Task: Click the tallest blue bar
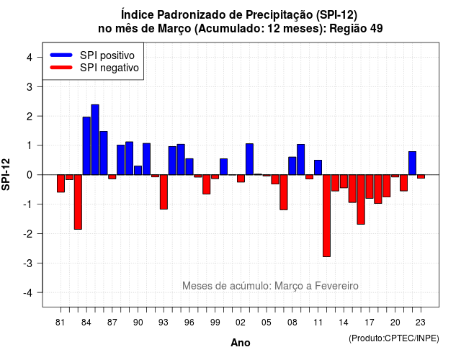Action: [x=95, y=140]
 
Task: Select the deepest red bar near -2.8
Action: [x=326, y=216]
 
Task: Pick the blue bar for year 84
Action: [x=86, y=145]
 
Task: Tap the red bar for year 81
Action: [x=61, y=184]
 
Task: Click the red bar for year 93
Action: [x=164, y=192]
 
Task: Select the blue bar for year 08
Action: [x=292, y=166]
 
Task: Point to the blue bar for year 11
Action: [x=318, y=168]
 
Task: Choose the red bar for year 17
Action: [x=370, y=186]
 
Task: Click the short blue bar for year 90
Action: [x=138, y=171]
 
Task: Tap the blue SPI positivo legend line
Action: [x=61, y=55]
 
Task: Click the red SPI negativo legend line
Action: [x=61, y=67]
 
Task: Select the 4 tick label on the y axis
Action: [x=30, y=58]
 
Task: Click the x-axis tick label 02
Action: [x=241, y=323]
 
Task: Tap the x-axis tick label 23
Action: [x=421, y=323]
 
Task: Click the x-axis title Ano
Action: [x=241, y=343]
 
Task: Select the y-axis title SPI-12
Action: [x=6, y=174]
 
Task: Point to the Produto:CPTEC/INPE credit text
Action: [x=394, y=338]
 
